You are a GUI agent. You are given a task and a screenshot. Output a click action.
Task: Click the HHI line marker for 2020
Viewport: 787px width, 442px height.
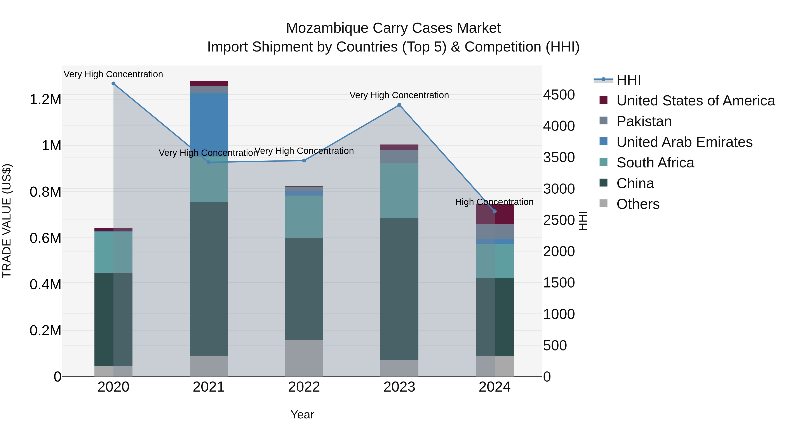tap(113, 84)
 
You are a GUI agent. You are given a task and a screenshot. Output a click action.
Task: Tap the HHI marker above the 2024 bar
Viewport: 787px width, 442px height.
tap(495, 211)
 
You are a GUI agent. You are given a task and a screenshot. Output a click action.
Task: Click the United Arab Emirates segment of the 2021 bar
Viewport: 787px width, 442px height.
tap(209, 122)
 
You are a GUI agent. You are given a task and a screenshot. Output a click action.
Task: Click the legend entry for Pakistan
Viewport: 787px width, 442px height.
tap(644, 121)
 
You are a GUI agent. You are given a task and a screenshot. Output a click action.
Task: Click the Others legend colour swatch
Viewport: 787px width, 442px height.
tap(603, 203)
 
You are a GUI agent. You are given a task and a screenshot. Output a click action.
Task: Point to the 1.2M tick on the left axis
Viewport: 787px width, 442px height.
tap(45, 100)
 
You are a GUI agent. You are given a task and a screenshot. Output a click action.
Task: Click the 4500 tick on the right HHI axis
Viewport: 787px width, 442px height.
tap(559, 95)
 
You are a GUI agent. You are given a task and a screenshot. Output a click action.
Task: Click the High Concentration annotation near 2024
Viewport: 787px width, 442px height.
tap(494, 202)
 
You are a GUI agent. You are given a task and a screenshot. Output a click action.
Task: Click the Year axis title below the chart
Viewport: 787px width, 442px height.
tap(302, 414)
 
